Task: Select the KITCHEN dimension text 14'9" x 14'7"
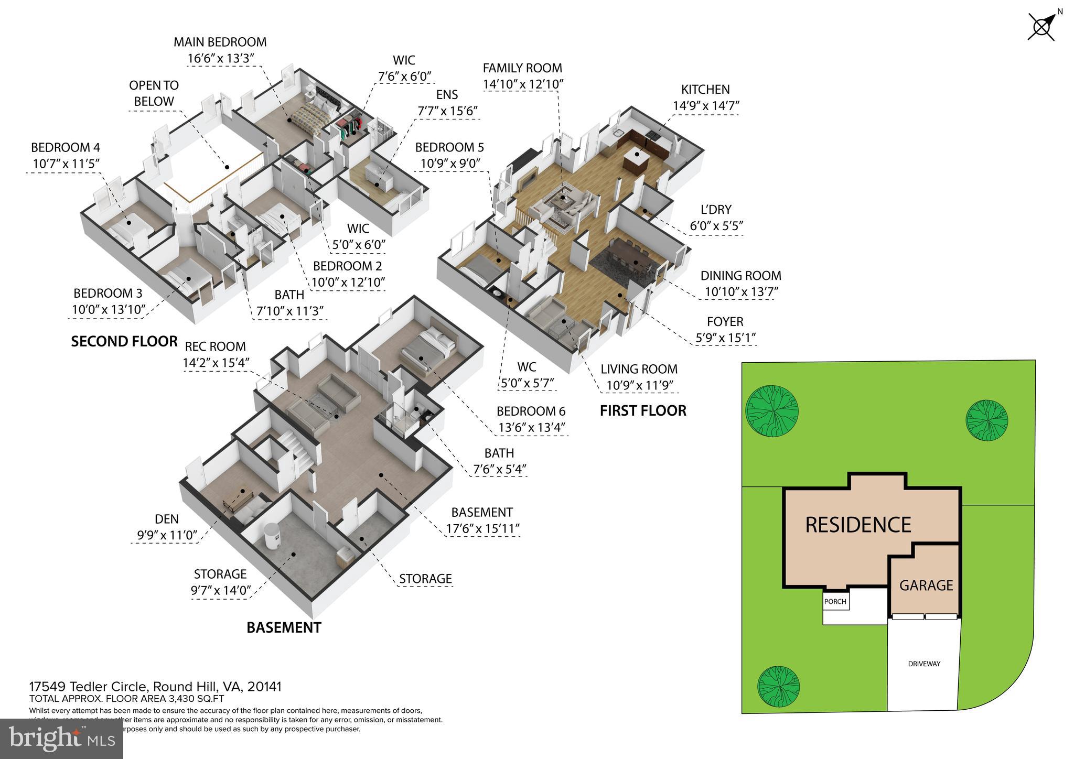(706, 106)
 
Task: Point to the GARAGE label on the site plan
(926, 585)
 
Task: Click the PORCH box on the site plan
(835, 601)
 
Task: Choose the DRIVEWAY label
(924, 664)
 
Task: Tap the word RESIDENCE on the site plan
(858, 525)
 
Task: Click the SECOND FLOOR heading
(124, 342)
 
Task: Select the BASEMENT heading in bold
(284, 627)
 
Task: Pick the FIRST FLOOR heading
(643, 410)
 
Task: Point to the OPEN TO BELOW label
(154, 93)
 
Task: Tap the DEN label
(167, 519)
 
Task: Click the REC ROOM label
(215, 346)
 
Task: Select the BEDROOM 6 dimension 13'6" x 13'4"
(531, 428)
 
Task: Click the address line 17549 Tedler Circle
(155, 687)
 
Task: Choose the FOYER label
(725, 321)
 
